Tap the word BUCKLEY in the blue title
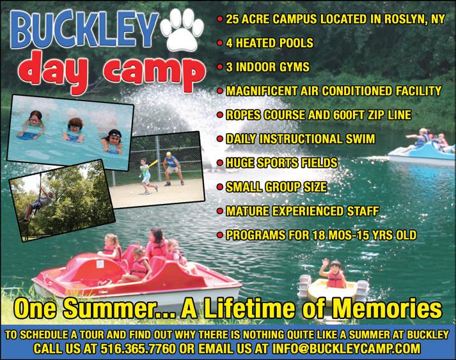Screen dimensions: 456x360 (84, 29)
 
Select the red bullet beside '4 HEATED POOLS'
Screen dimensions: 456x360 (220, 43)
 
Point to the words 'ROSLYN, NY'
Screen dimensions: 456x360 (414, 19)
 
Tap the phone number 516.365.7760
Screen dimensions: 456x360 (138, 348)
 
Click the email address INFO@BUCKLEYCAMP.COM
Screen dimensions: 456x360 (346, 348)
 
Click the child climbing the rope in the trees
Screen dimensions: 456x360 (36, 205)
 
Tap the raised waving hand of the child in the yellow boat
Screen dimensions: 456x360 (324, 263)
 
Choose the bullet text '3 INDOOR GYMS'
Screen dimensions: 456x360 (267, 67)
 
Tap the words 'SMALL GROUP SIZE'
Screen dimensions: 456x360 (276, 187)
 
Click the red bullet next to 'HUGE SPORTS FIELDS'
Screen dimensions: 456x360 (220, 163)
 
